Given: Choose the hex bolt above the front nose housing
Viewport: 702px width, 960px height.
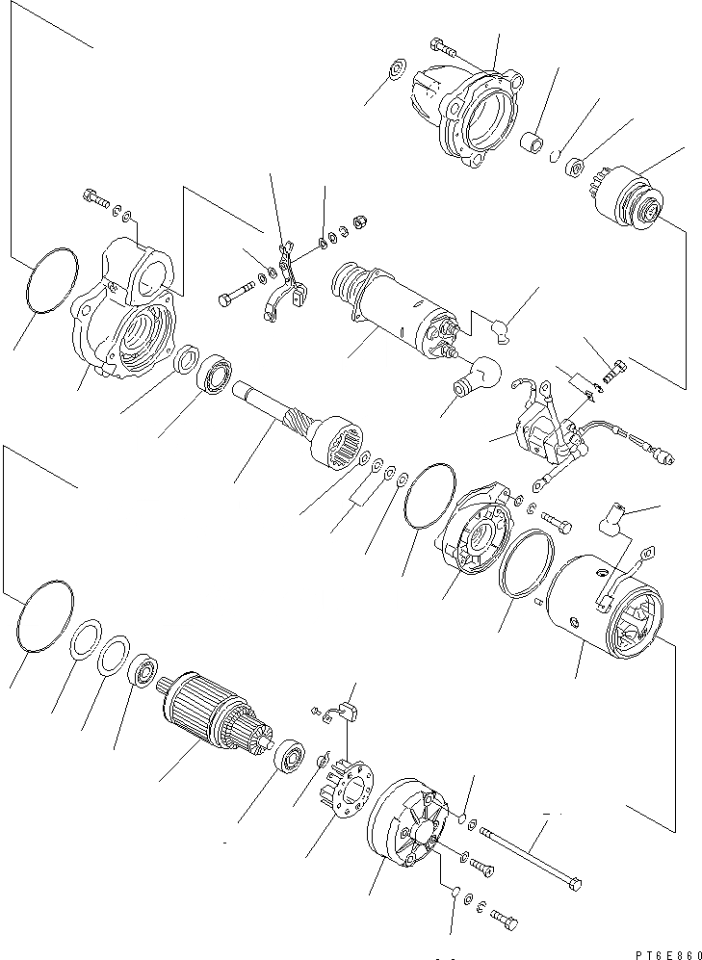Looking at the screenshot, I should pos(444,46).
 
